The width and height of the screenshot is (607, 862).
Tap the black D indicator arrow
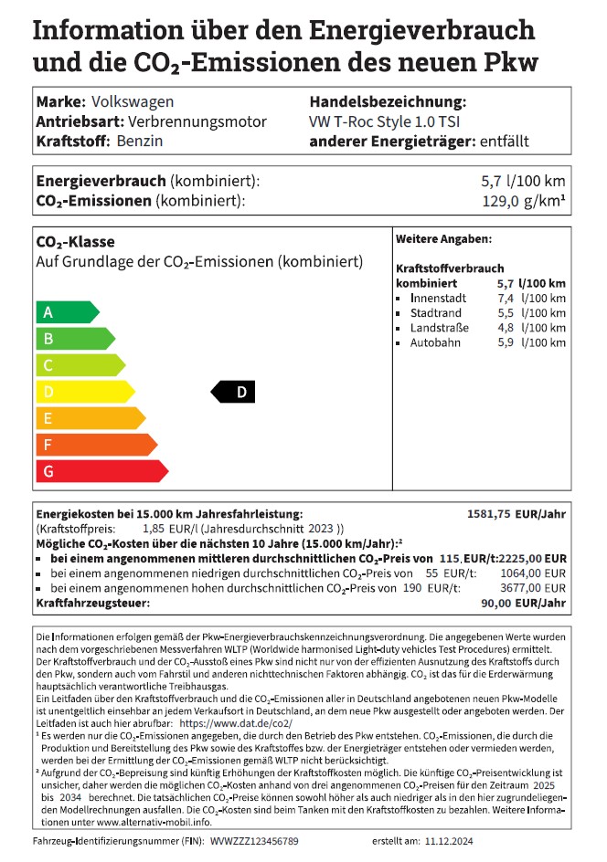click(x=233, y=392)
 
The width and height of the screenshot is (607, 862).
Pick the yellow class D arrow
click(x=83, y=392)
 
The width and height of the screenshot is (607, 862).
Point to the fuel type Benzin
click(x=141, y=142)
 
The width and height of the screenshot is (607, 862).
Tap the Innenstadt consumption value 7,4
click(x=506, y=299)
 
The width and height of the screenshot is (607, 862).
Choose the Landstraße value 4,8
click(x=506, y=328)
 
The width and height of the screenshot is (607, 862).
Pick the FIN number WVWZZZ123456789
click(x=254, y=840)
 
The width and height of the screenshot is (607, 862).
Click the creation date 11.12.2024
click(x=453, y=840)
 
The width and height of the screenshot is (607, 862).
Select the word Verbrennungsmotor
click(x=197, y=122)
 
